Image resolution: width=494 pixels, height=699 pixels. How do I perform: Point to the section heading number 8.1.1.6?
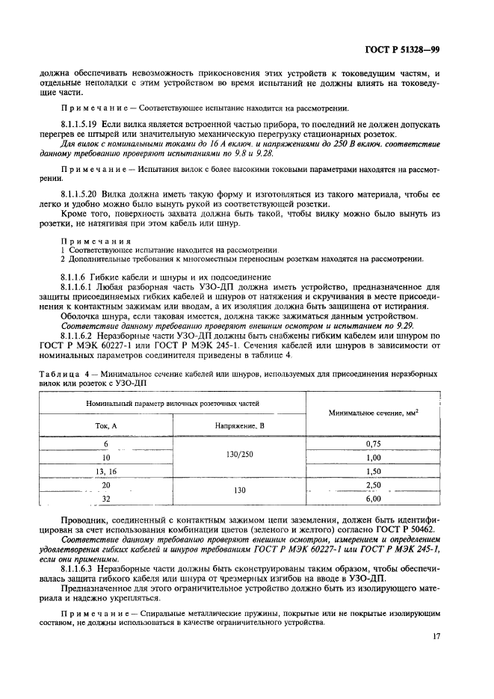click(72, 276)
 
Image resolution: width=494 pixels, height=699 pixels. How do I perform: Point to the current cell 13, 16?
click(105, 472)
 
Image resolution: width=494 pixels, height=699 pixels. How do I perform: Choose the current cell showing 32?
click(105, 498)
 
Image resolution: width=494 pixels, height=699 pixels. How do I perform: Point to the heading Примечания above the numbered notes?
click(86, 241)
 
